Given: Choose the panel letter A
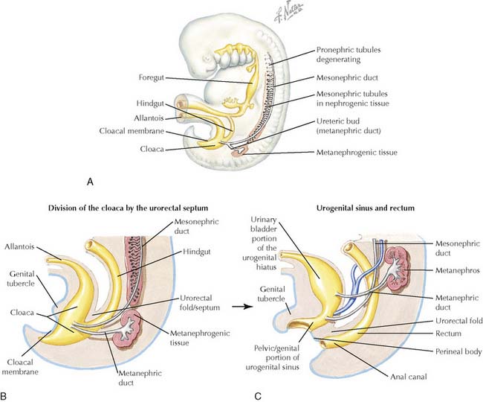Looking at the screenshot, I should coord(90,180).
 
